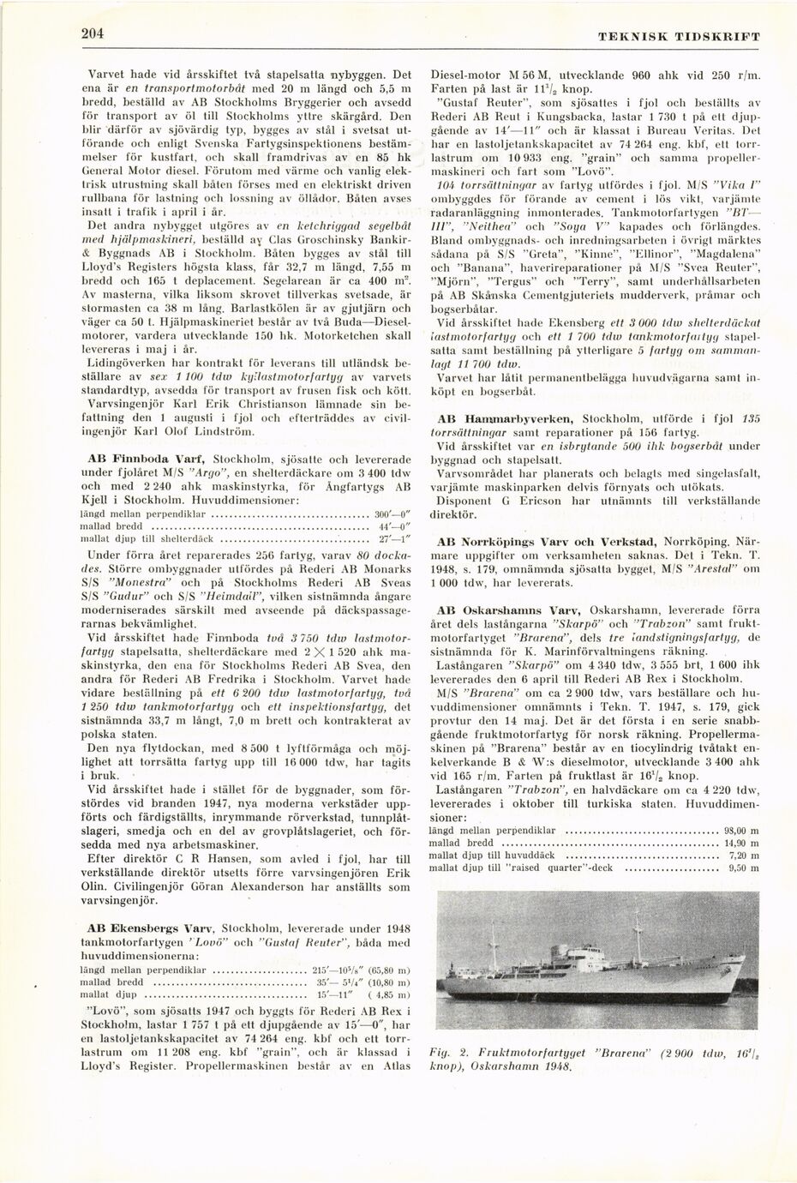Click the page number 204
click(x=93, y=34)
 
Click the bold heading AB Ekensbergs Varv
click(x=152, y=928)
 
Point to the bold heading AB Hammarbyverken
click(x=506, y=418)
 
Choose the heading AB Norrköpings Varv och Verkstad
click(x=547, y=542)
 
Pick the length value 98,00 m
click(x=741, y=831)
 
